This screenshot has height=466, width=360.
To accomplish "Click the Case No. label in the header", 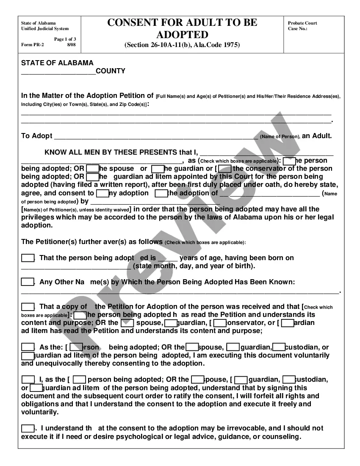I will pos(297,28).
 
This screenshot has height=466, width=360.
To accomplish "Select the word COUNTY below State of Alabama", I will pos(111,71).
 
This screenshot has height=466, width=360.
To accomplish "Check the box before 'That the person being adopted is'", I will pos(28,258).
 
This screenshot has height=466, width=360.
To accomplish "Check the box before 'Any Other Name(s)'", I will pos(28,282).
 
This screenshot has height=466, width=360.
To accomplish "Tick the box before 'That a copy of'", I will pos(28,306).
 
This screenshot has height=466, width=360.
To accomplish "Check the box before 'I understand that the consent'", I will pos(28,428).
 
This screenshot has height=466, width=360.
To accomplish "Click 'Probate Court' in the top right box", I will pos(302,23).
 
